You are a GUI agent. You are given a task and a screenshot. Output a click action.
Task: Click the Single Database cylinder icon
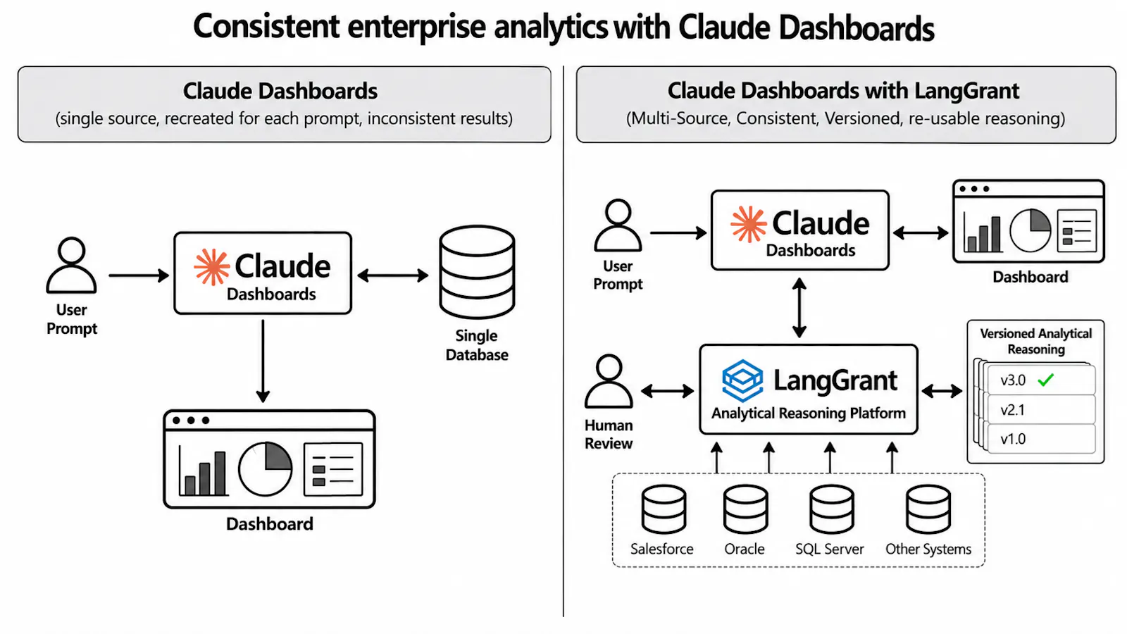point(477,272)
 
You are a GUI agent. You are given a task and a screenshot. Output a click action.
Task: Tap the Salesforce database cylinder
point(664,509)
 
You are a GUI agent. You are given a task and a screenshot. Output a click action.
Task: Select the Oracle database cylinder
point(746,509)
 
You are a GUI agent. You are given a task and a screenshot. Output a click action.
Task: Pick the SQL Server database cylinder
point(831,509)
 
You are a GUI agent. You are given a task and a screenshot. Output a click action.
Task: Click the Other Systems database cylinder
point(928,509)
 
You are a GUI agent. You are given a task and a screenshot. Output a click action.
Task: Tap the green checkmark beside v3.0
point(1045,380)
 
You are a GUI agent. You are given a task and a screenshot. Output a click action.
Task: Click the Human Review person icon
point(609,381)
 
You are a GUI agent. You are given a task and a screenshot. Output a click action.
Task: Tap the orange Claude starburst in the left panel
point(212,267)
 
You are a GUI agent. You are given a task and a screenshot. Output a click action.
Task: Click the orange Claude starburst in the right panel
point(749,224)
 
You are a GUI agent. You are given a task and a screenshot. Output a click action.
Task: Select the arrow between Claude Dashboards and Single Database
point(393,275)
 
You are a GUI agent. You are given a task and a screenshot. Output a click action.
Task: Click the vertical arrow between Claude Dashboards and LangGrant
point(799,307)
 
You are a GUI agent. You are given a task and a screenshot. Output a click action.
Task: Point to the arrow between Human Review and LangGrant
point(668,391)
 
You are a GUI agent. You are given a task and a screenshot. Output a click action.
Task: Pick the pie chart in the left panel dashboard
point(265,469)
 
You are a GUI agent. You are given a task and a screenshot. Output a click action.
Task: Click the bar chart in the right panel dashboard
point(982,232)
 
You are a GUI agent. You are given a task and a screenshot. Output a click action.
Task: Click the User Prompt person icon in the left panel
point(71,265)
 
